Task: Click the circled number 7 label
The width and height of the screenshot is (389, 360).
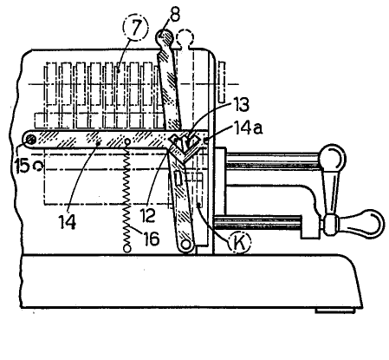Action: (136, 27)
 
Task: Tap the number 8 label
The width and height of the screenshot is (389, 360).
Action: (174, 14)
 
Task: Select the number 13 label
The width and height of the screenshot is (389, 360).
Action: (241, 104)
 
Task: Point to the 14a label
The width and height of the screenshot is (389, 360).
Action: (248, 128)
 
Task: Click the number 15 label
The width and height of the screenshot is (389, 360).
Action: (22, 167)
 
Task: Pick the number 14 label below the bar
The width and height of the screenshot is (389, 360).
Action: (68, 222)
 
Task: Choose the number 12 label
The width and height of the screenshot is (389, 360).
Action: (147, 215)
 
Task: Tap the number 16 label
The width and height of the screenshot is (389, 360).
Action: (152, 239)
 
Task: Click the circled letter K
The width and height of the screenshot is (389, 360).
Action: (239, 242)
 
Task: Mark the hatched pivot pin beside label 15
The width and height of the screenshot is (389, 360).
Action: (29, 140)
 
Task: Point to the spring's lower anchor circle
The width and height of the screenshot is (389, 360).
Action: (126, 248)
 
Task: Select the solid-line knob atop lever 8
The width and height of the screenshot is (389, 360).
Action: (165, 36)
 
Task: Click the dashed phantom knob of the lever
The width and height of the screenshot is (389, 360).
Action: (185, 37)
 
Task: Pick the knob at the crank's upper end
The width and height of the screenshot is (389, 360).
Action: (334, 158)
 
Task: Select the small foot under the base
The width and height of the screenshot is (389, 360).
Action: (335, 311)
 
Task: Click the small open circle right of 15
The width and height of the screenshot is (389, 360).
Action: (38, 166)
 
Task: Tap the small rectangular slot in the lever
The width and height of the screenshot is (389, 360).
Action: (178, 179)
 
